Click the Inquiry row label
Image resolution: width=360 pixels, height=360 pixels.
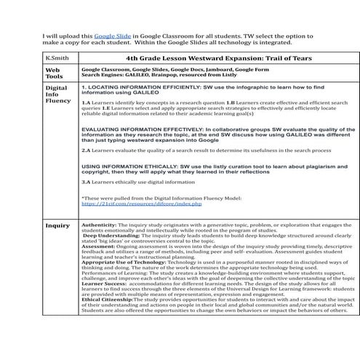click(x=57, y=226)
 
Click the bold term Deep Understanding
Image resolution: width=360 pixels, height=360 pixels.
click(x=109, y=236)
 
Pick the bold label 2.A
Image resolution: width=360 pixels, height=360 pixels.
click(x=86, y=150)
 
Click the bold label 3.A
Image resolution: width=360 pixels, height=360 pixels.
click(x=86, y=182)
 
